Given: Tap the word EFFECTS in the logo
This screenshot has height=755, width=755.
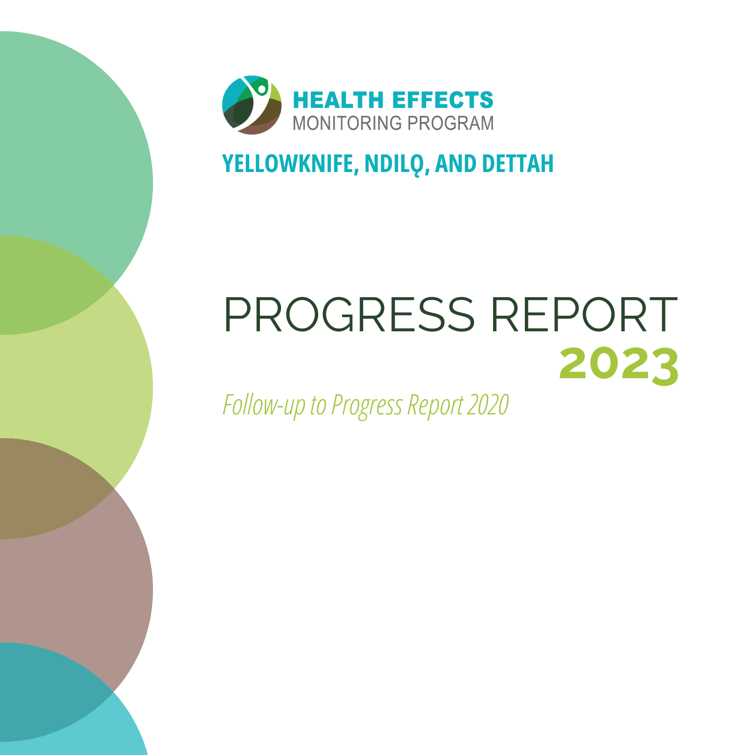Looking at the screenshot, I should tap(443, 100).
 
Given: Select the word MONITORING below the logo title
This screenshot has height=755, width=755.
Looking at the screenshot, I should tap(347, 123).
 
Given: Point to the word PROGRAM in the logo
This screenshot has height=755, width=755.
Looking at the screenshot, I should tap(451, 123).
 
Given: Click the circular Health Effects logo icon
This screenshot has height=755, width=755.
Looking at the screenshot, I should tap(252, 105).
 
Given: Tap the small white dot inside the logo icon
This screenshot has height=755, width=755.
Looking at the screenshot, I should tap(262, 89).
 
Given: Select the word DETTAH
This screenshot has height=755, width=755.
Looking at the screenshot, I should tap(518, 164).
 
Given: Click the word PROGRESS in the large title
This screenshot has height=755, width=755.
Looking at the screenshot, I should tap(349, 315).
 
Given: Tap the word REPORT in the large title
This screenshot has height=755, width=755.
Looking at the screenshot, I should tap(584, 315).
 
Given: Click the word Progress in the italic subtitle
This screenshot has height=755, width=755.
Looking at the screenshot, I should tap(367, 405).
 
